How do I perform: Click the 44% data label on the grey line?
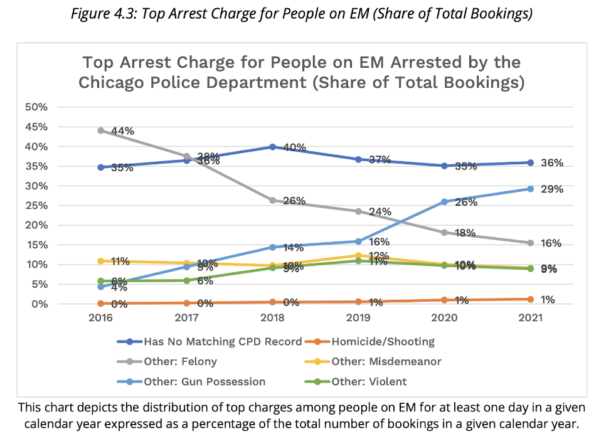tap(123, 131)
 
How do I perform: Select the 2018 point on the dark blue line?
tap(272, 147)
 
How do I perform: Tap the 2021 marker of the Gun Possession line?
tap(530, 189)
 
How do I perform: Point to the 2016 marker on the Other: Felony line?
tap(101, 130)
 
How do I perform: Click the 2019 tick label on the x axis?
tap(358, 319)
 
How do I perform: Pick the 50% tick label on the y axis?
tap(36, 107)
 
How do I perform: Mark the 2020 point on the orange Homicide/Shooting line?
tap(444, 300)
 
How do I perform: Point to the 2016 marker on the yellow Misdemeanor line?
tap(101, 261)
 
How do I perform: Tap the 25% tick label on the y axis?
tap(36, 206)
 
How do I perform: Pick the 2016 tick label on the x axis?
tap(101, 319)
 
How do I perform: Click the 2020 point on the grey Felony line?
tap(444, 232)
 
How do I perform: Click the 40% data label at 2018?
tap(294, 147)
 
